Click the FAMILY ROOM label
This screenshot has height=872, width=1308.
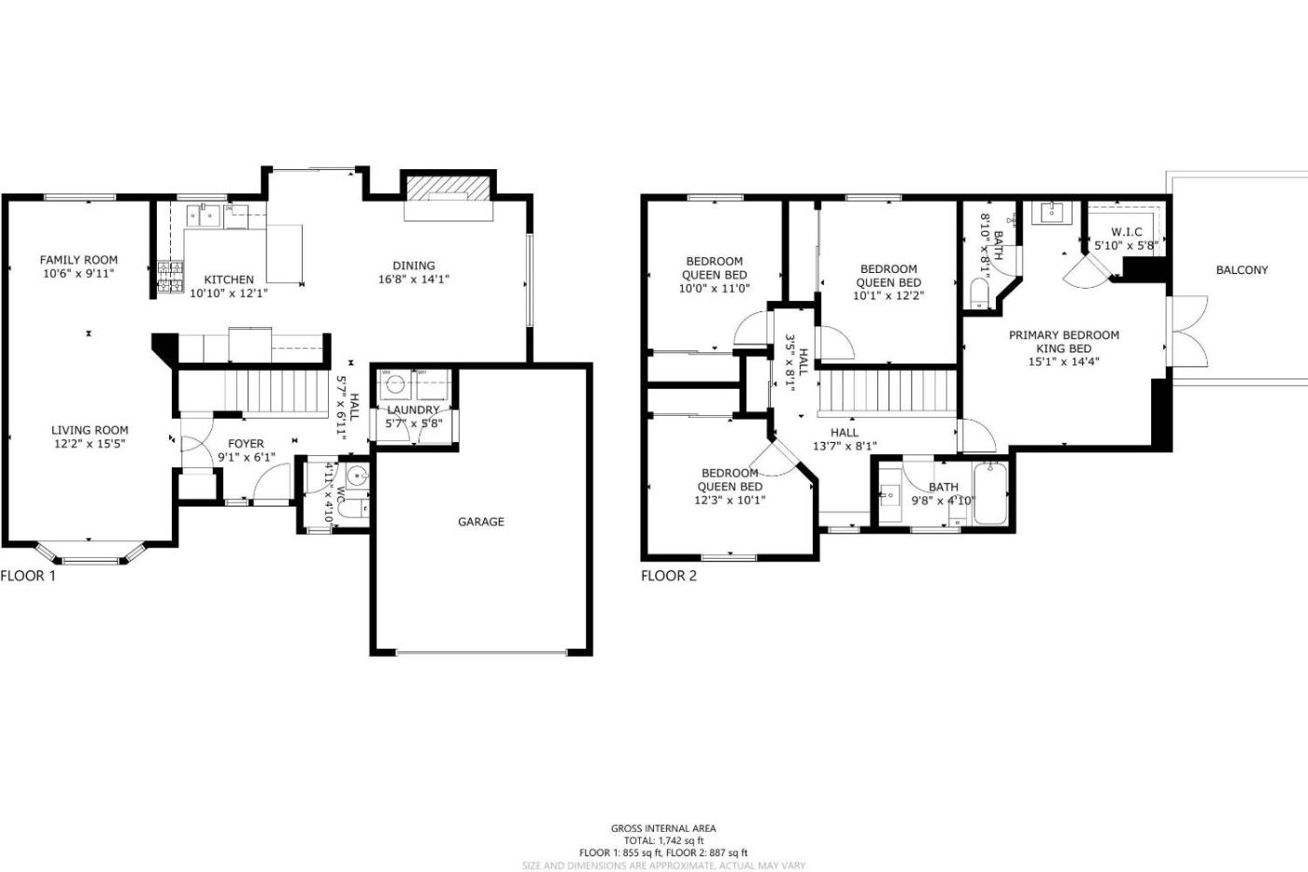[x=78, y=260]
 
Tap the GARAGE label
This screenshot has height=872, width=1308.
[x=481, y=522]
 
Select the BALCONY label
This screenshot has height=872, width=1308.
[x=1242, y=270]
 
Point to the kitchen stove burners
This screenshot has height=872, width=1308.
[x=170, y=277]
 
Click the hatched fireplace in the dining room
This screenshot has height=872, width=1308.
[x=448, y=188]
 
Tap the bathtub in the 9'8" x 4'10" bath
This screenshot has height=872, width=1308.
[x=989, y=493]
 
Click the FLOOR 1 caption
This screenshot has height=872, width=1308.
[x=28, y=576]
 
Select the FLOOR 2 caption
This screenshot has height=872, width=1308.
[x=669, y=576]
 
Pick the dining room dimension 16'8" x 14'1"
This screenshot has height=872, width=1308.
[x=414, y=279]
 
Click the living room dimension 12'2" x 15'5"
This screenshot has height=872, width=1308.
[x=90, y=444]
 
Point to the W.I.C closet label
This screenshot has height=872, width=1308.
[x=1127, y=232]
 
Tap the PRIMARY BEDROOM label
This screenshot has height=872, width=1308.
[x=1064, y=336]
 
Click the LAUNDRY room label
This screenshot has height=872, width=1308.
[x=413, y=410]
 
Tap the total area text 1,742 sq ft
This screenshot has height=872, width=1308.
[x=681, y=840]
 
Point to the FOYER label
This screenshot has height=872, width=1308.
[x=246, y=444]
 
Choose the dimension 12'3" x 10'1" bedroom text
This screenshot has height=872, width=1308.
[x=730, y=500]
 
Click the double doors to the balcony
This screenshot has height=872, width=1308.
[x=1187, y=331]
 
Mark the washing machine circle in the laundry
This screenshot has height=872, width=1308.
[x=395, y=384]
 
